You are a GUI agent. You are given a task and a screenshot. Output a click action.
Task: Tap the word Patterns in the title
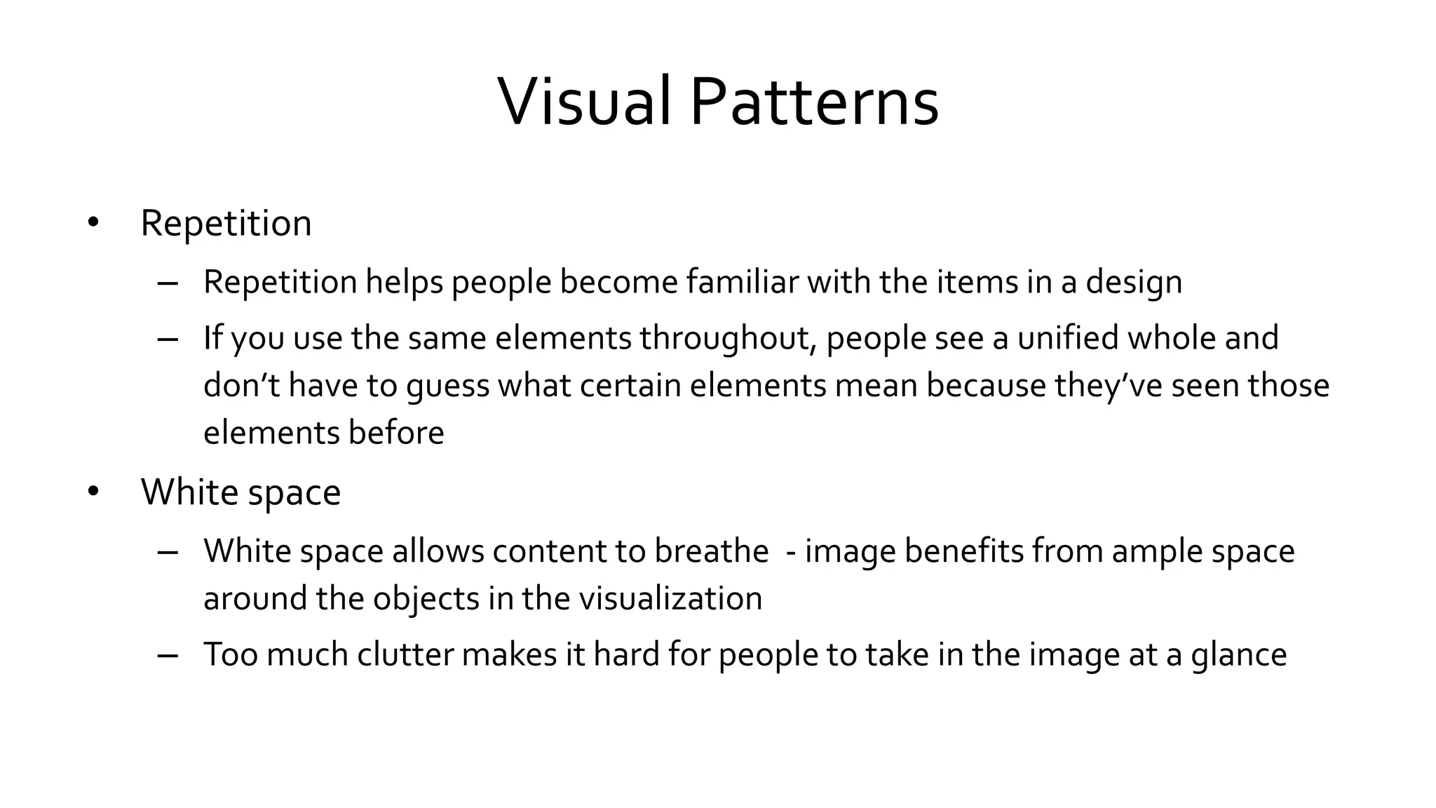click(814, 102)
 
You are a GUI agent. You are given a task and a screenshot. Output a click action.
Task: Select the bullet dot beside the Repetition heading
click(93, 223)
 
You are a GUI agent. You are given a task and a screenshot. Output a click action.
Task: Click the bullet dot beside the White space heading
click(93, 492)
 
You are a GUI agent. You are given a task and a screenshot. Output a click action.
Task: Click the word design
click(1134, 282)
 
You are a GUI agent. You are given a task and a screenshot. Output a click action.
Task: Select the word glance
click(1238, 655)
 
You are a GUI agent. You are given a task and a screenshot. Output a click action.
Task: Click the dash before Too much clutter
click(168, 655)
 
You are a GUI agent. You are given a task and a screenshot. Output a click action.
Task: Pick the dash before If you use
click(168, 339)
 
